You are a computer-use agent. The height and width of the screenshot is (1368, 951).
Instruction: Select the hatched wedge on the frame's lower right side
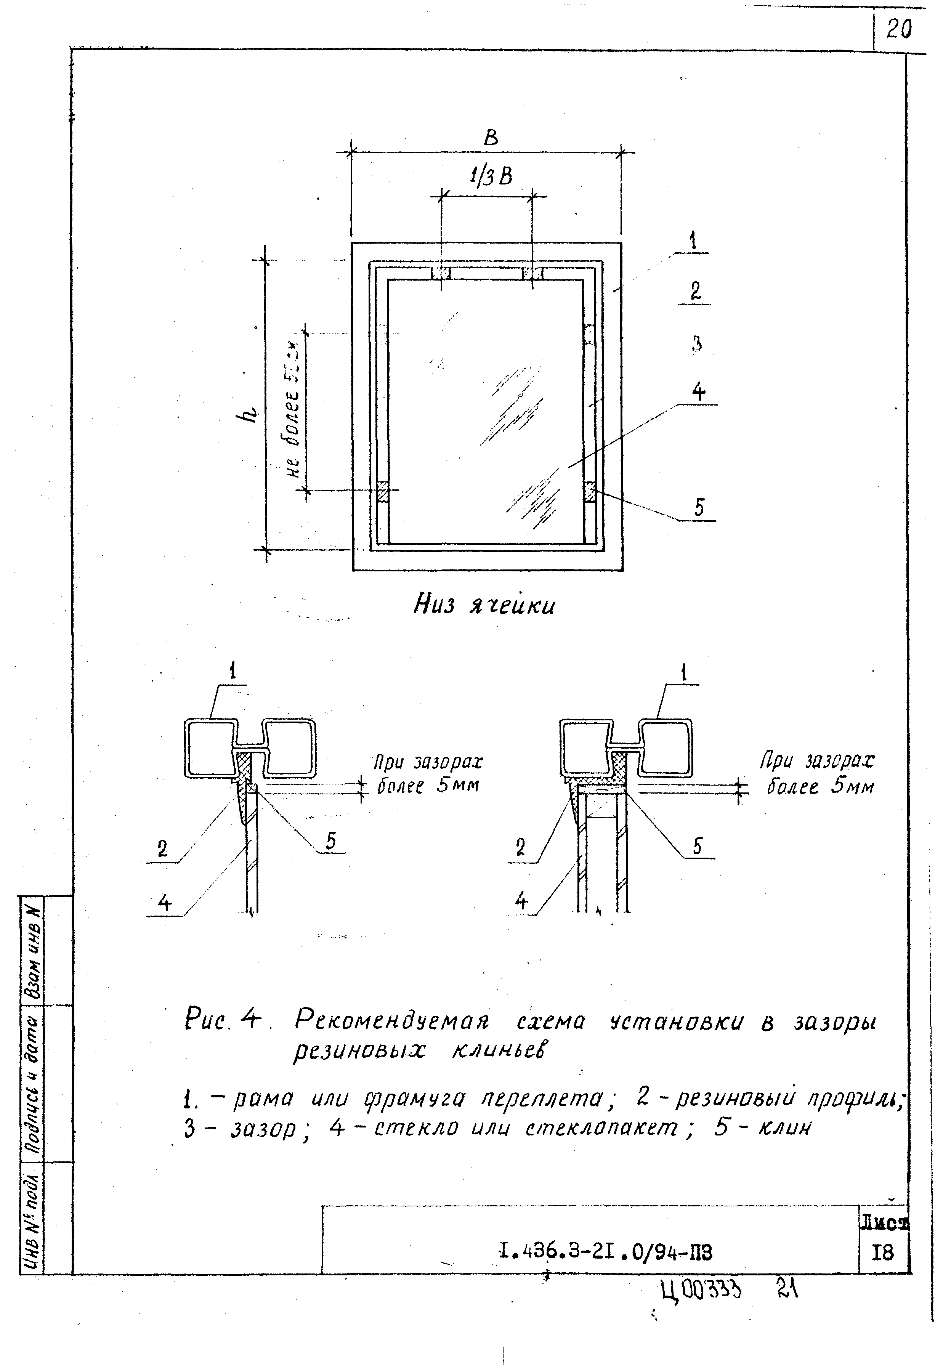(590, 492)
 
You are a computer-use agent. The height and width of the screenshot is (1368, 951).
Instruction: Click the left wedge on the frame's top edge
(441, 273)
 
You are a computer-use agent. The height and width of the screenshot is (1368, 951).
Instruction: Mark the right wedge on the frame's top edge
(532, 273)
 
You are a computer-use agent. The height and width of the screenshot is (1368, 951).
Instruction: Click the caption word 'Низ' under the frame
(435, 605)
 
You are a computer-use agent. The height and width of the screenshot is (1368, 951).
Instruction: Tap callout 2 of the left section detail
(163, 848)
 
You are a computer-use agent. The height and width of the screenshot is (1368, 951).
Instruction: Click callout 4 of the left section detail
(164, 903)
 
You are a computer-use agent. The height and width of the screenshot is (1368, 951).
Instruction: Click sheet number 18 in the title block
(883, 1253)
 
